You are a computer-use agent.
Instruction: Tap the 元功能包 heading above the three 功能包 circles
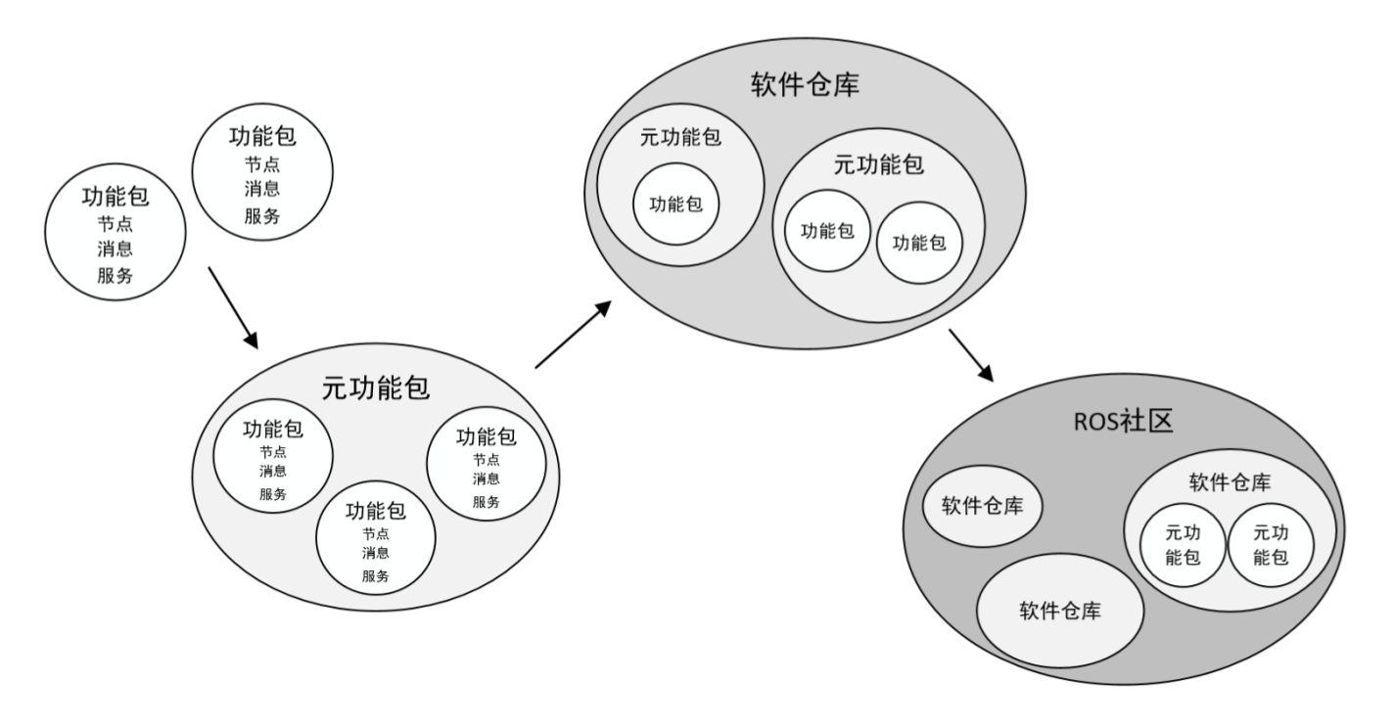pos(376,387)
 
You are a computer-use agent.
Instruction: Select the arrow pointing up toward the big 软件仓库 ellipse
pos(574,335)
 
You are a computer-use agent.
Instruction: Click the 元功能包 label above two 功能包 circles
pos(878,164)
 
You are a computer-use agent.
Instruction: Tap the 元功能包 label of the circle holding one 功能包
pos(680,138)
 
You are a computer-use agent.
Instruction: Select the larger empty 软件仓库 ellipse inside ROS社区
pos(1060,612)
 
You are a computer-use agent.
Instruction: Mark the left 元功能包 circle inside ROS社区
pos(1183,545)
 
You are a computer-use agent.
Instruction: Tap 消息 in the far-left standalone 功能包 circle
pos(115,249)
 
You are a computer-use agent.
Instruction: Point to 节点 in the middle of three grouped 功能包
pos(375,533)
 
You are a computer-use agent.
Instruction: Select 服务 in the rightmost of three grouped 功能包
pos(487,502)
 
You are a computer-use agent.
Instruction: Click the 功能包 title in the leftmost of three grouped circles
pos(273,429)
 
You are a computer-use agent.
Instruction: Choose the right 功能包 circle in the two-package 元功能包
pos(919,242)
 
